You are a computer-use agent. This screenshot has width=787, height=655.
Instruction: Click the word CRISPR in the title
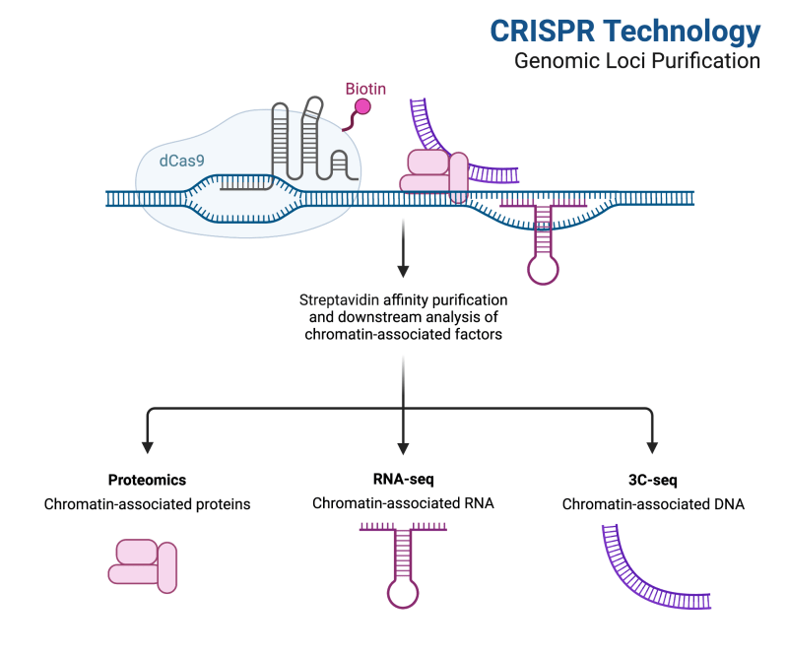pos(543,32)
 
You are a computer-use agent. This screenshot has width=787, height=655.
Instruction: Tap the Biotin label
pos(365,89)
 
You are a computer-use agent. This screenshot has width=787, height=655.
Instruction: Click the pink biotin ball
pos(362,107)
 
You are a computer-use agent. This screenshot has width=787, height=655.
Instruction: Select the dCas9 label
pos(181,161)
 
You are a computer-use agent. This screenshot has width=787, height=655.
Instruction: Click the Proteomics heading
pos(147,480)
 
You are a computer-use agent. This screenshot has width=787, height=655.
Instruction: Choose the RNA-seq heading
pos(403,479)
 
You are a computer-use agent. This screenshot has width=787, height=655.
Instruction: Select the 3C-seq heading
pos(652,480)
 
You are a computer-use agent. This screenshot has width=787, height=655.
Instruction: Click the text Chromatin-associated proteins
pos(147,504)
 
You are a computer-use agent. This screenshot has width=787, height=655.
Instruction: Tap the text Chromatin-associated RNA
pos(403,503)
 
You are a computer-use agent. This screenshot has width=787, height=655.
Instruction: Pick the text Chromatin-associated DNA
pos(653,504)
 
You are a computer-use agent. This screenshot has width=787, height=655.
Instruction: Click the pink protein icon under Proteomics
pos(143,566)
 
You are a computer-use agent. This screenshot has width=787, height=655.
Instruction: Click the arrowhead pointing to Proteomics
pos(148,447)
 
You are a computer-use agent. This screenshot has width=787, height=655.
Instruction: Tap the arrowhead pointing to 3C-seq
pos(652,447)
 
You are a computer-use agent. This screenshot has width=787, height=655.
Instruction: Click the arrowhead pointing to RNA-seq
pos(403,448)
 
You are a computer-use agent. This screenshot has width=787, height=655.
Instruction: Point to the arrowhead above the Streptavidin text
pos(403,271)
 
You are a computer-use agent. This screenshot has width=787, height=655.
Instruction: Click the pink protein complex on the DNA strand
pos(434,175)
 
